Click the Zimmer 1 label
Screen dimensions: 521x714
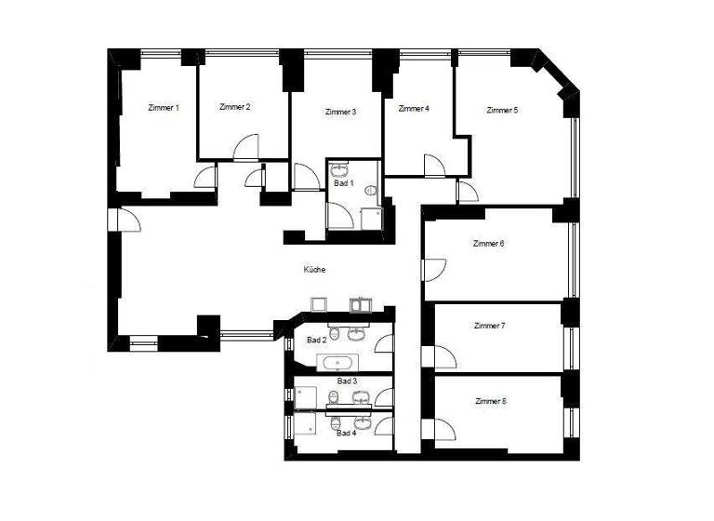point(164,108)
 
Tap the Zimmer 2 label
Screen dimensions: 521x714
point(235,107)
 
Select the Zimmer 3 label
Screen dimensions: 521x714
point(340,112)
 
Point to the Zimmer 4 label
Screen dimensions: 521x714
point(414,108)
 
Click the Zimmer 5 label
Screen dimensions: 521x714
point(502,110)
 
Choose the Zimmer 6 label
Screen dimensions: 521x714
point(488,244)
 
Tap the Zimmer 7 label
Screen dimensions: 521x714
point(489,326)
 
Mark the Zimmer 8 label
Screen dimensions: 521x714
point(489,401)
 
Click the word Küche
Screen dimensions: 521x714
point(315,270)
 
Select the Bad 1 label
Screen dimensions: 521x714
point(343,183)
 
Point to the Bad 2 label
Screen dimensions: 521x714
point(316,341)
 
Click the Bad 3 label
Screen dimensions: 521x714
point(346,381)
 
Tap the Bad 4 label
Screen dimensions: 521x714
point(346,433)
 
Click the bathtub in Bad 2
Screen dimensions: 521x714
point(337,362)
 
